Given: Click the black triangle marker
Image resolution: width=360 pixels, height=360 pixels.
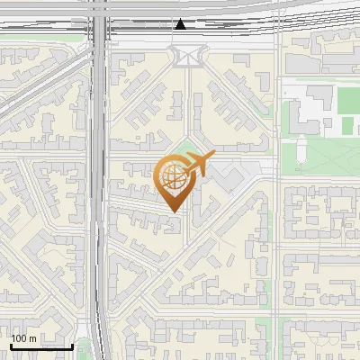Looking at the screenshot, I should coord(181,24).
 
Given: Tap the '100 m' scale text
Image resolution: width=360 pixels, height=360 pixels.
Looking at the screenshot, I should coord(24,338).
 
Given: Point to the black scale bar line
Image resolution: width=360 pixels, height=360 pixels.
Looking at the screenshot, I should coord(41,346).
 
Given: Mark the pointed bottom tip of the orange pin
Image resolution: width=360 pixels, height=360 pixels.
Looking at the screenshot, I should coord(171,211).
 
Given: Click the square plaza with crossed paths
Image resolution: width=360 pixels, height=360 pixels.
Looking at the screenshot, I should coord(186,57).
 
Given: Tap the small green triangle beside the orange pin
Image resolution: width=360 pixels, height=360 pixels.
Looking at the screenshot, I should coord(185,148).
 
